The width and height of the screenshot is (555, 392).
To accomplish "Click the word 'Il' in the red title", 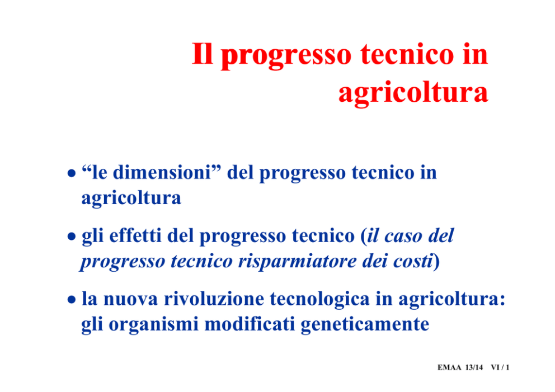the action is click(203, 54).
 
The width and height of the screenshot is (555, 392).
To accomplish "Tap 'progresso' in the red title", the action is click(286, 56).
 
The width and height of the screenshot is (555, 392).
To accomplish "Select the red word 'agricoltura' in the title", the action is click(413, 93).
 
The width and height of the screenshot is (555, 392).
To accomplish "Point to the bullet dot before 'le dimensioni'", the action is click(72, 173).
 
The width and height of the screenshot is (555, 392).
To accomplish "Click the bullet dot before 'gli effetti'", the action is click(72, 237).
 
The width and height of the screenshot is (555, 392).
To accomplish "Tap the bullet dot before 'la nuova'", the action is click(72, 300).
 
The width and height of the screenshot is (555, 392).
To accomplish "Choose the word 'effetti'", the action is click(135, 235).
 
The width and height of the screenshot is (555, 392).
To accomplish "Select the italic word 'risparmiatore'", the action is click(297, 262).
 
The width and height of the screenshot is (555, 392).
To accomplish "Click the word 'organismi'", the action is click(154, 325).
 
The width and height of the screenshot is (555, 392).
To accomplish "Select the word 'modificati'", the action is click(250, 324).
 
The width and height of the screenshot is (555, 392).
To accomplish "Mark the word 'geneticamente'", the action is click(365, 325).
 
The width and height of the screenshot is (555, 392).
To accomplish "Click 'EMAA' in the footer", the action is click(449, 367).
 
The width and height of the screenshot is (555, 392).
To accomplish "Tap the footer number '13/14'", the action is click(474, 367).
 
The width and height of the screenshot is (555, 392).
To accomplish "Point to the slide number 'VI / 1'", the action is click(500, 367).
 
